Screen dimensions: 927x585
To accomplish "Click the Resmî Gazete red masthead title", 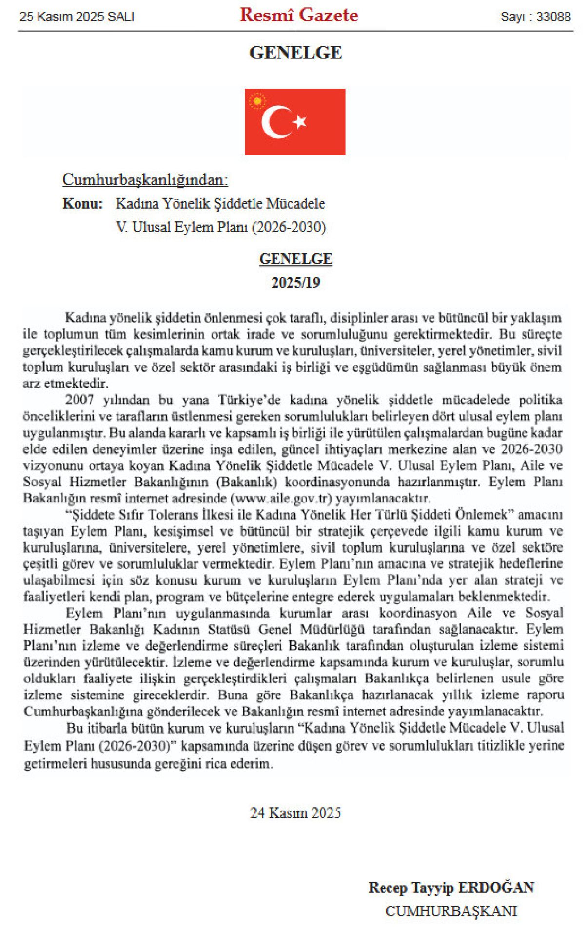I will coord(299,16).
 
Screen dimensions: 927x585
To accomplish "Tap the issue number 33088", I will coord(553,17).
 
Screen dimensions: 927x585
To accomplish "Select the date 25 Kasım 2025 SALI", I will coord(77,17).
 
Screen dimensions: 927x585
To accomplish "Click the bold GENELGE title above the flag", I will coord(295,53).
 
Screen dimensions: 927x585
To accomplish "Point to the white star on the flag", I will coord(299,121).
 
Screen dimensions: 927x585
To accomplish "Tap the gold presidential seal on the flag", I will coord(257,101).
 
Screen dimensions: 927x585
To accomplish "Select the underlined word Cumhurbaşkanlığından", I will coord(145,180).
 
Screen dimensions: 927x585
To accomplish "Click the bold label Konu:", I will coord(82,204).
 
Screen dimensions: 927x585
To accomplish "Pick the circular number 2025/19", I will coord(295,283).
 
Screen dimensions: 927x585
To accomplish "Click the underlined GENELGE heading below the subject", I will coord(295,259).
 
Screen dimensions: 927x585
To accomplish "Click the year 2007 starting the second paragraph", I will coord(79,400).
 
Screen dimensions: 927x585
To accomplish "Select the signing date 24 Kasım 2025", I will coord(295,813).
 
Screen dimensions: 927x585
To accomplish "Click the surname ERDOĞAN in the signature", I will coord(496,888).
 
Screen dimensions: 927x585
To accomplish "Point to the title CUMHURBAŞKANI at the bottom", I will coord(451,911).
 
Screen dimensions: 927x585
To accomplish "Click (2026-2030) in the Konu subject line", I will coord(289,227).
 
